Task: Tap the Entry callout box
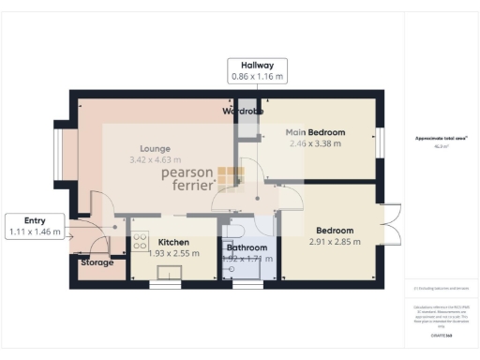[35, 225]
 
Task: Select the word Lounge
[155, 148]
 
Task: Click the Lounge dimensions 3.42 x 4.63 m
[155, 160]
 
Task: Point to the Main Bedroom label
[315, 132]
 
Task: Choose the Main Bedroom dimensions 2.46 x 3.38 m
[315, 143]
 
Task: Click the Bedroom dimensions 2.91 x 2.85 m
[335, 242]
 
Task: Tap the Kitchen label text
[173, 241]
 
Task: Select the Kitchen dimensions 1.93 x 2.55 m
[173, 252]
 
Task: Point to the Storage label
[96, 262]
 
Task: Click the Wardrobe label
[243, 112]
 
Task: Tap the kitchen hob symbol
[141, 242]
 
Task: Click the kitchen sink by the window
[170, 273]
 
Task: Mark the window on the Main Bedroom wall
[380, 142]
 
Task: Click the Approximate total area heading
[442, 139]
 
